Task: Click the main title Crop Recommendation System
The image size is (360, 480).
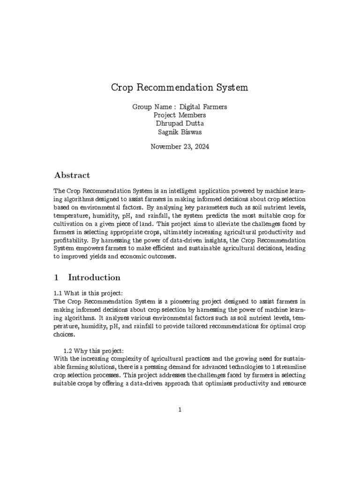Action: point(180,88)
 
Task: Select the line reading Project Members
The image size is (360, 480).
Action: point(180,115)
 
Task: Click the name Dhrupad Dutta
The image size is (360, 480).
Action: point(180,123)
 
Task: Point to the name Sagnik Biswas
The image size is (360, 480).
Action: point(180,132)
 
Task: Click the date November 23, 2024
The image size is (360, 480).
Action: point(180,147)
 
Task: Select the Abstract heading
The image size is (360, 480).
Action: point(72,175)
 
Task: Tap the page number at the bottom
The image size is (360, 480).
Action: point(180,410)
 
